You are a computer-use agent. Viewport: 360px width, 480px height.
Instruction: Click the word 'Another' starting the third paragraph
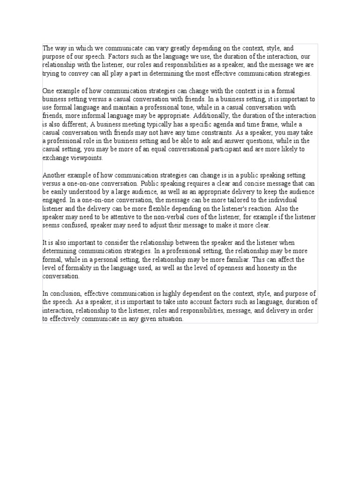tap(53, 175)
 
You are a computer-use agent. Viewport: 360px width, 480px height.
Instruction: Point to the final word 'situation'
tap(168, 319)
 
